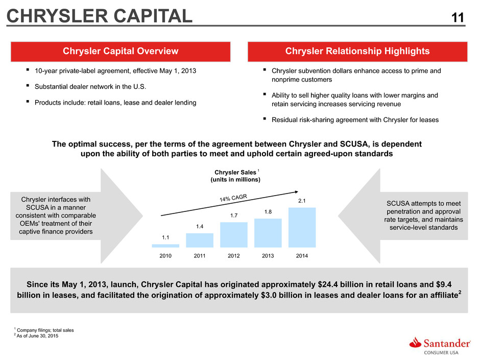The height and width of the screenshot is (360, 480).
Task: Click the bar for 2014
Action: click(302, 227)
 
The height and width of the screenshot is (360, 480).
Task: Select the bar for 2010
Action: click(165, 246)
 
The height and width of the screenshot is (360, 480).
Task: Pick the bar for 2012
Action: click(233, 235)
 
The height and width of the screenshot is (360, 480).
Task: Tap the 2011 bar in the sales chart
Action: click(200, 241)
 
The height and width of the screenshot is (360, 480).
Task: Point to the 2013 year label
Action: click(268, 256)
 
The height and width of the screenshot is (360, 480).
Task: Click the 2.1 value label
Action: click(302, 201)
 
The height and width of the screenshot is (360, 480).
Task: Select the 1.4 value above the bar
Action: click(200, 227)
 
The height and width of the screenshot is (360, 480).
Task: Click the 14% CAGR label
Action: click(233, 198)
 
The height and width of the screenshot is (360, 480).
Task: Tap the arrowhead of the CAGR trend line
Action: click(297, 192)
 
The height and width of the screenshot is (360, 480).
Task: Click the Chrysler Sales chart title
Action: click(235, 176)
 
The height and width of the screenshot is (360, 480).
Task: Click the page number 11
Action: click(458, 18)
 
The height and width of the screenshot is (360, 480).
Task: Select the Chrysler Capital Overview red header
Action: click(121, 52)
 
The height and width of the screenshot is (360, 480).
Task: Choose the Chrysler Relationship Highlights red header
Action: click(357, 52)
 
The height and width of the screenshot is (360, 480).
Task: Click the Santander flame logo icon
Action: click(415, 343)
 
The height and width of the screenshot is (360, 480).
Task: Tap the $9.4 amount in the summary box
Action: click(444, 284)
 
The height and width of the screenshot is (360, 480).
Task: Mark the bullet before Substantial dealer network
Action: click(28, 86)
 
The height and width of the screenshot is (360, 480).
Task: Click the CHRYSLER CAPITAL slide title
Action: click(100, 16)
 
